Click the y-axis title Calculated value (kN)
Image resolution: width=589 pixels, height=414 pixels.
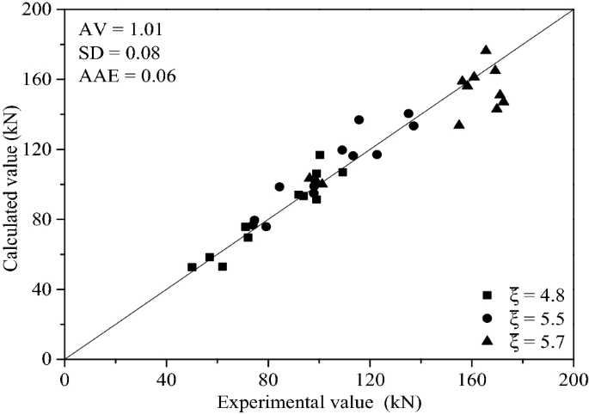pyautogui.click(x=12, y=183)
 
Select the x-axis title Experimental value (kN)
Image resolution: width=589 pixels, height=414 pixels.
pyautogui.click(x=318, y=402)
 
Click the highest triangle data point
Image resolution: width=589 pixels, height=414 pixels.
pyautogui.click(x=486, y=51)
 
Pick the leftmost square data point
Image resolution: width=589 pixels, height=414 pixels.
pyautogui.click(x=192, y=267)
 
